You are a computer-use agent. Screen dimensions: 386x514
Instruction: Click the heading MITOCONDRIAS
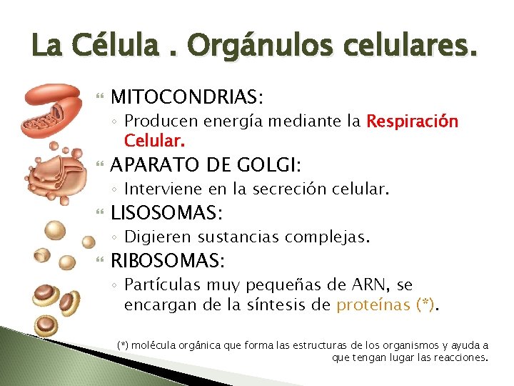pos(187,96)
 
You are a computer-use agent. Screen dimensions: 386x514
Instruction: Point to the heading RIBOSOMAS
pos(168,259)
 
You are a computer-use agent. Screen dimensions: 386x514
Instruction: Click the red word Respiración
pos(412,121)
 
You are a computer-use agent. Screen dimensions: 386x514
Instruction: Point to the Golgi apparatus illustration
pos(54,172)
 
